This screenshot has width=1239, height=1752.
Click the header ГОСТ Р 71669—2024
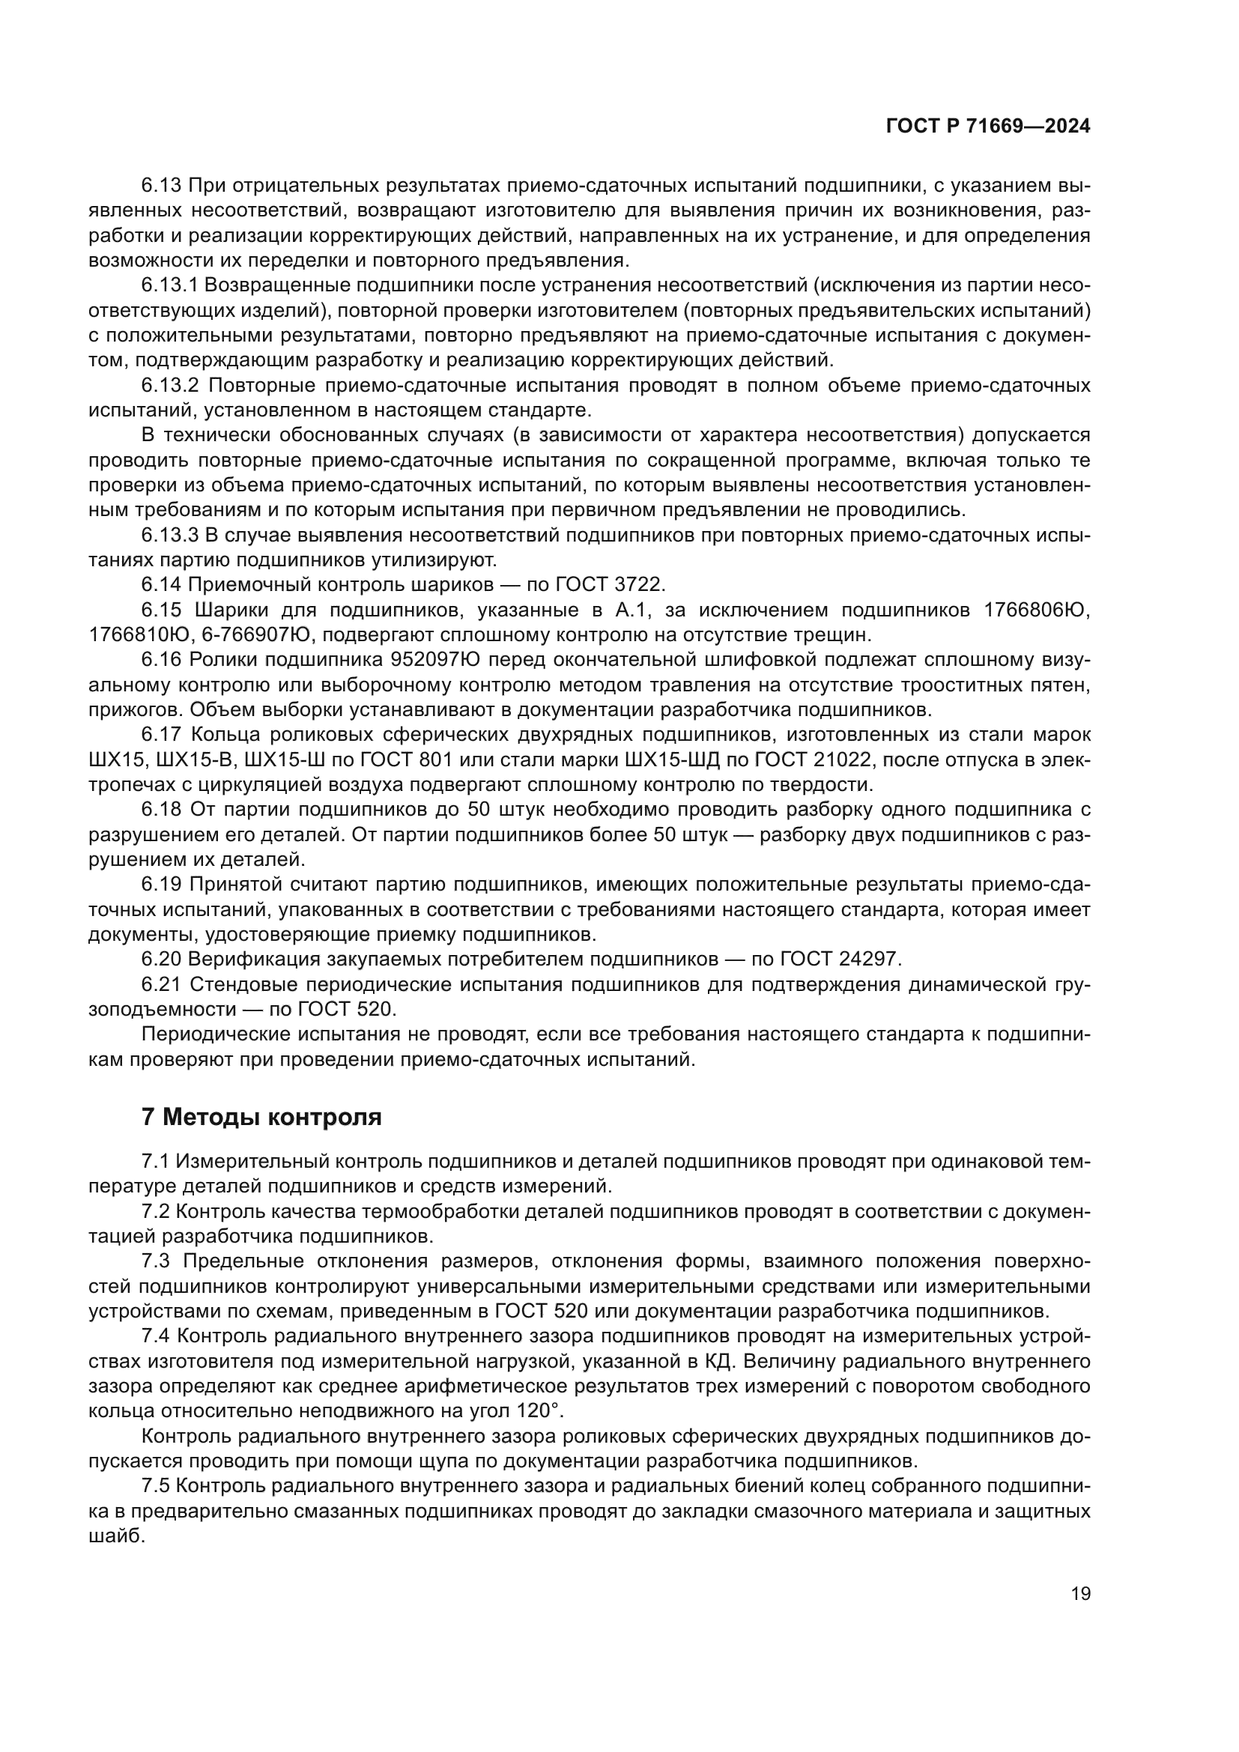click(988, 127)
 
